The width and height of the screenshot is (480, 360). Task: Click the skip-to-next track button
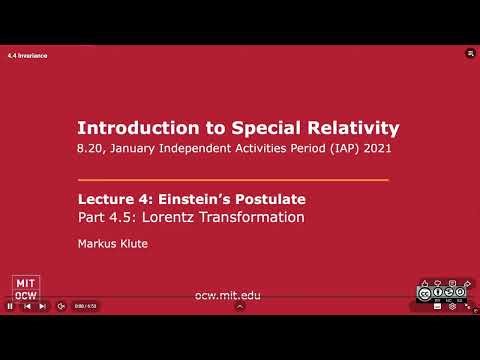(x=42, y=306)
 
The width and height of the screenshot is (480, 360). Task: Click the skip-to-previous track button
(x=26, y=306)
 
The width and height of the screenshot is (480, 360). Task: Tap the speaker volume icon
(x=60, y=306)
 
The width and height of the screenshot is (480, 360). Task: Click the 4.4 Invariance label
(x=28, y=55)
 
